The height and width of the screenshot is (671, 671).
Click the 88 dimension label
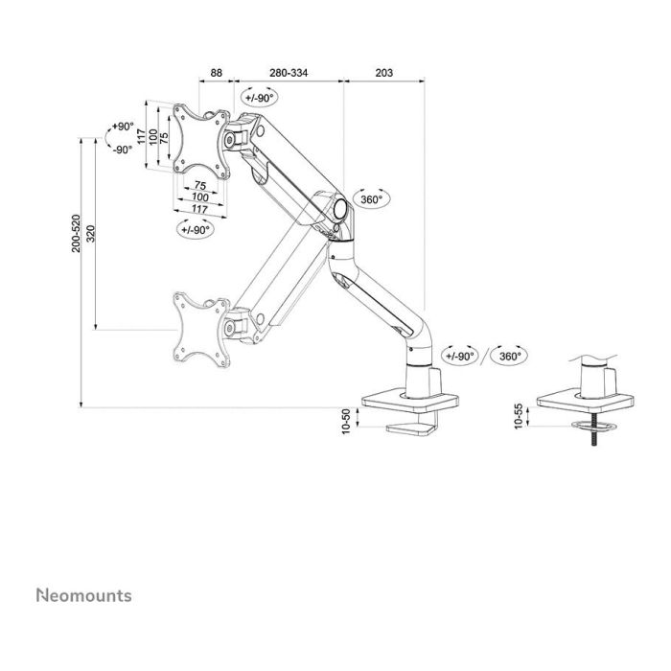217,73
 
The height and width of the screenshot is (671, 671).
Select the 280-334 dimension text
289,73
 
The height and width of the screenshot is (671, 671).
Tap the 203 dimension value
384,73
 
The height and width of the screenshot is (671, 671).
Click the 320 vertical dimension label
90,234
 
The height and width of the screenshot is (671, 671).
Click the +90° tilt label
122,127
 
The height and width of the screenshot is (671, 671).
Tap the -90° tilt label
122,150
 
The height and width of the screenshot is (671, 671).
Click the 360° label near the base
509,356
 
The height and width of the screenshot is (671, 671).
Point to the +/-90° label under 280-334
259,99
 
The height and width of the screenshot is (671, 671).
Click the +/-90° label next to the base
461,356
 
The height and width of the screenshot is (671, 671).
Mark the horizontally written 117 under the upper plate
199,209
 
